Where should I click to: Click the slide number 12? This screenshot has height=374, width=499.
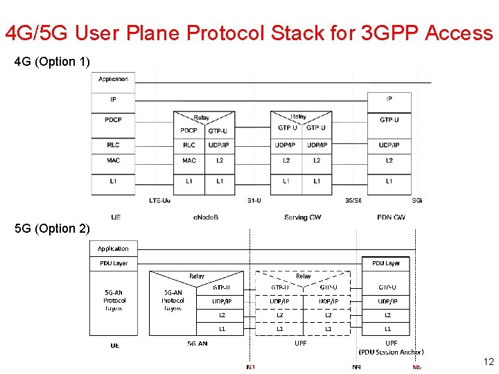click(488, 362)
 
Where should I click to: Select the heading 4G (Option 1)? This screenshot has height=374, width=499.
click(52, 62)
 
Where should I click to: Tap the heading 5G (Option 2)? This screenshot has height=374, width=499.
click(52, 229)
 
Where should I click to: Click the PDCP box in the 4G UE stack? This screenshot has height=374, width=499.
click(113, 120)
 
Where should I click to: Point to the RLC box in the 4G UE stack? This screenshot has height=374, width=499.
click(113, 145)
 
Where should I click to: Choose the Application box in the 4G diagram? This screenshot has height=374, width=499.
click(113, 79)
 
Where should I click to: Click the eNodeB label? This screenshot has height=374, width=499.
click(206, 217)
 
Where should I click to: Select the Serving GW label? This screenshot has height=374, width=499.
click(302, 217)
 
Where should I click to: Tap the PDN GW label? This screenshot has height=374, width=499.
click(391, 217)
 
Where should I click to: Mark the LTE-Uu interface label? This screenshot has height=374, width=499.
click(159, 201)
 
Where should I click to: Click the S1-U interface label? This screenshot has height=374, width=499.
click(254, 201)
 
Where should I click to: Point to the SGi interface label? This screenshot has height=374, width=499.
click(417, 201)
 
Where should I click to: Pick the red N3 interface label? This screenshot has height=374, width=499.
click(250, 367)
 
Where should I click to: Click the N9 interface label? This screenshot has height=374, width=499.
click(356, 367)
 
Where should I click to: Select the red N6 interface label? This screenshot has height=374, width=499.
click(416, 367)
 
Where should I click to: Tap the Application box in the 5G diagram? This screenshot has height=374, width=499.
click(113, 248)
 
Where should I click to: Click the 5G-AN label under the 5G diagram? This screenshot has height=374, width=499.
click(197, 344)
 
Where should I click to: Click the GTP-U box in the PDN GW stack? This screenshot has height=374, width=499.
click(389, 120)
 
